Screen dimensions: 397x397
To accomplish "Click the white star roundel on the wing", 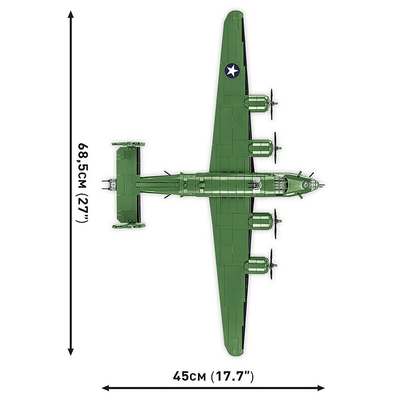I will pos(232,70).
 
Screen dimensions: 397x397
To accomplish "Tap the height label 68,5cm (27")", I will pos(82,183).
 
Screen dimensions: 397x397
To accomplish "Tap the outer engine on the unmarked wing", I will pos(257,263).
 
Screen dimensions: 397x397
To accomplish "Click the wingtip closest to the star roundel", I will pos(234,20).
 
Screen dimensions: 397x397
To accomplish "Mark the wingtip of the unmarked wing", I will pos(234,347).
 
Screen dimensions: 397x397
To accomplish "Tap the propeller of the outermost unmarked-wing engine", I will pos(272,263).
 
